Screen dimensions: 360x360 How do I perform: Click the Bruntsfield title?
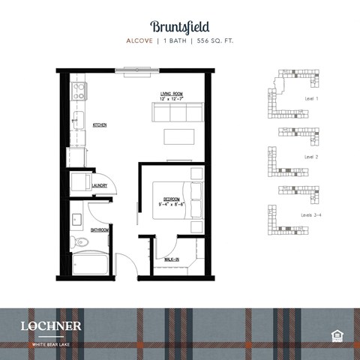point(180,28)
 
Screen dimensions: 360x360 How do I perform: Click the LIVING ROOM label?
point(171,94)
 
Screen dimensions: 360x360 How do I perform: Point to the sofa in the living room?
point(178,112)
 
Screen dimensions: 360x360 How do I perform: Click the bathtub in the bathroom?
point(90,265)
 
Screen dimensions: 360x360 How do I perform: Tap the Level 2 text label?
point(311,157)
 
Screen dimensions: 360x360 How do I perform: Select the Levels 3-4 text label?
point(313,214)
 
